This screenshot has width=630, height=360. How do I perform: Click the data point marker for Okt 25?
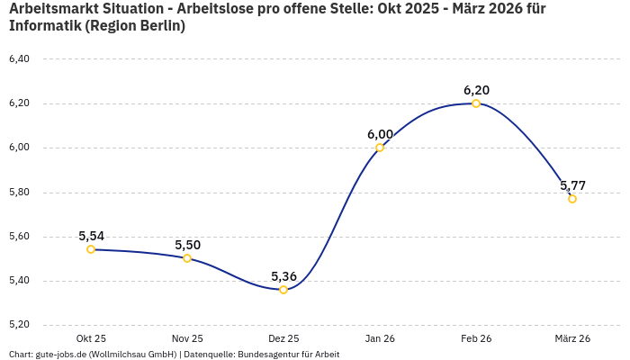[91, 249]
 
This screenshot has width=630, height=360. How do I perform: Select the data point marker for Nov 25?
[187, 258]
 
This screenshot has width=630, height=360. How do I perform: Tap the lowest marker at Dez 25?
[283, 290]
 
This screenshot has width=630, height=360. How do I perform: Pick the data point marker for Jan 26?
[380, 148]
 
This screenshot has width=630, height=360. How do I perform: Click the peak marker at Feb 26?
[476, 103]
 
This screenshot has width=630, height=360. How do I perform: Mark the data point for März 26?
[572, 199]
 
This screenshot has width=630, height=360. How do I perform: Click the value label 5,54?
[91, 236]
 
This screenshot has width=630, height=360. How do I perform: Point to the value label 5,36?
[283, 276]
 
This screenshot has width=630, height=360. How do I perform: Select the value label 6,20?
[476, 90]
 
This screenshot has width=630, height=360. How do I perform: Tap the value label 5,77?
[572, 185]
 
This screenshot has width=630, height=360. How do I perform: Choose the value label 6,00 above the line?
[380, 134]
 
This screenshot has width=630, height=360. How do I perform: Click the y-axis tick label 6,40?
[19, 59]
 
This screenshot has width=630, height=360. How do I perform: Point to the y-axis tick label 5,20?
[19, 324]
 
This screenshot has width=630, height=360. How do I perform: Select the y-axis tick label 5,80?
[19, 192]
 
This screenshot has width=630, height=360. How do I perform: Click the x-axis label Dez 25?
[283, 338]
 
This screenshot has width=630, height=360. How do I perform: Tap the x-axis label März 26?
[572, 338]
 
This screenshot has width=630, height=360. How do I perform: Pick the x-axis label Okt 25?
[91, 338]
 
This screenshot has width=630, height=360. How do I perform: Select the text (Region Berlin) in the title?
[135, 25]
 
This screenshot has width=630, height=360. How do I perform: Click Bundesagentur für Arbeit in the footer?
[288, 355]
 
